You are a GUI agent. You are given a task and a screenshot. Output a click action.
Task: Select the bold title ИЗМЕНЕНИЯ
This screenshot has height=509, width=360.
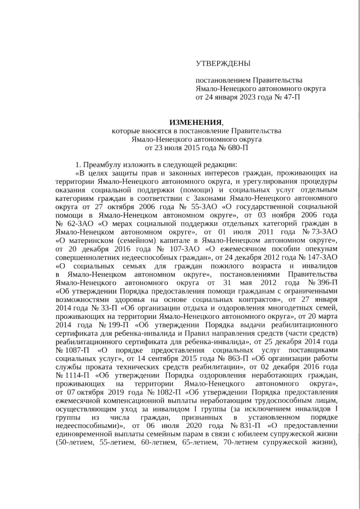196,123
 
